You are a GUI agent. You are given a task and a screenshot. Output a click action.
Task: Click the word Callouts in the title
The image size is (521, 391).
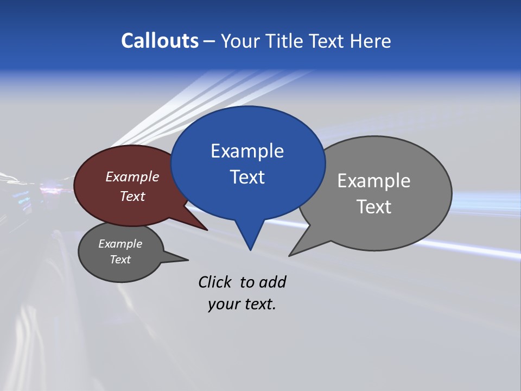click(160, 41)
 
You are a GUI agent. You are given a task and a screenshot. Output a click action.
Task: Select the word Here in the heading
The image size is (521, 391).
click(371, 41)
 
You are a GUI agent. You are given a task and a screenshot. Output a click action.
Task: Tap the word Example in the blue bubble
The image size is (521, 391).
click(247, 150)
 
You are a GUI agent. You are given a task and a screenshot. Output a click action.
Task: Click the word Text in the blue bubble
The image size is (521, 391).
click(247, 176)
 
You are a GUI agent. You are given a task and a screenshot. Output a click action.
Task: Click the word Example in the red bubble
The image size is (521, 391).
click(132, 176)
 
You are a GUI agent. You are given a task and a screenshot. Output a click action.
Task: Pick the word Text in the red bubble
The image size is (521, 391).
click(132, 196)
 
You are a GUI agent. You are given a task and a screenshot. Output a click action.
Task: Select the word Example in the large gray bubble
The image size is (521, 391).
click(374, 180)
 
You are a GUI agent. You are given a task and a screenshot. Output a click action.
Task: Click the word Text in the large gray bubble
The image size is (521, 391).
click(374, 206)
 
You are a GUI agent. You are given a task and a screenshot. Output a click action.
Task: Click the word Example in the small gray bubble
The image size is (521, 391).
click(120, 244)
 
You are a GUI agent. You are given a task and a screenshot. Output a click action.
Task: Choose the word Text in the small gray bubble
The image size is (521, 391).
click(120, 260)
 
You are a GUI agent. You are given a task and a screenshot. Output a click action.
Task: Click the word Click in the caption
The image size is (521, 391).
click(215, 282)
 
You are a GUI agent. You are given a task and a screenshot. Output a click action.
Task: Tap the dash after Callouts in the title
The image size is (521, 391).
click(210, 41)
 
